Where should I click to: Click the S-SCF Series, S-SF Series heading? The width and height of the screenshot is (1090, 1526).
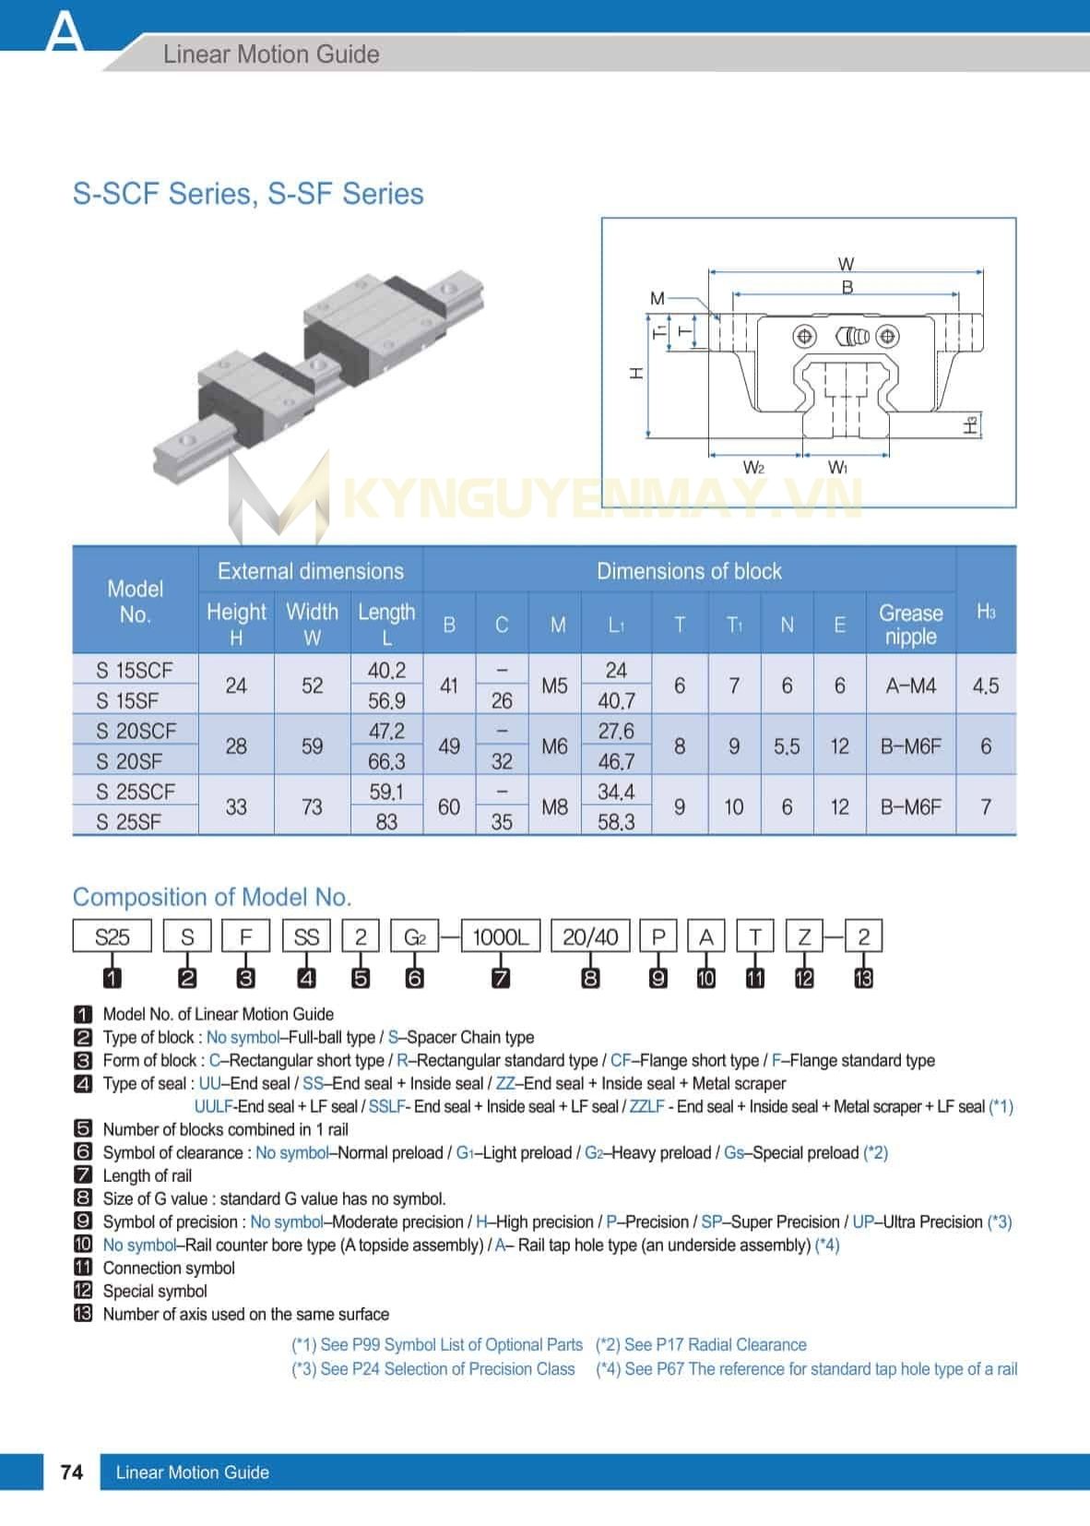tap(248, 194)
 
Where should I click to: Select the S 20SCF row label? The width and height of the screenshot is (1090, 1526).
tap(136, 731)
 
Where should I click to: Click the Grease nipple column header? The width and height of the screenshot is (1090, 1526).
tap(910, 625)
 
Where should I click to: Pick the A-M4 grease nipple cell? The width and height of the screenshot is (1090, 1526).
tap(910, 686)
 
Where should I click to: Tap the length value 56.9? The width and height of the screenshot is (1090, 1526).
tap(386, 701)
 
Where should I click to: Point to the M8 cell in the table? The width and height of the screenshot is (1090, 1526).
tap(554, 807)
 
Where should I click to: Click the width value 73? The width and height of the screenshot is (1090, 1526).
tap(312, 807)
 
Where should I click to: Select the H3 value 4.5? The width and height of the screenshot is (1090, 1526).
tap(985, 686)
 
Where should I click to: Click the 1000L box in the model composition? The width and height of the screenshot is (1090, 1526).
tap(500, 937)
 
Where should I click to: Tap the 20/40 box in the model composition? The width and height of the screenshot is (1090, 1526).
tap(590, 937)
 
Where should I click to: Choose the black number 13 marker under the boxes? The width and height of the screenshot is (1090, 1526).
tap(863, 978)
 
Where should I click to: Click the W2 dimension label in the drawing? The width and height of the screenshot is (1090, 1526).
tap(753, 468)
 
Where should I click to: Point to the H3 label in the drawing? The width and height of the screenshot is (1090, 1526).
tap(971, 425)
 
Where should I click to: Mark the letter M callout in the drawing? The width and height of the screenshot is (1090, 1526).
tap(657, 298)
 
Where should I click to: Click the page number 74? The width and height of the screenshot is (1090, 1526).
tap(71, 1472)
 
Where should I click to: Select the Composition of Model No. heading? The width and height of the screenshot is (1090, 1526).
tap(212, 897)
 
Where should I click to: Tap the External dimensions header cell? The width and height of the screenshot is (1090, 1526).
tap(311, 571)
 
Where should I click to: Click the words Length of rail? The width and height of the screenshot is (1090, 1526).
tap(148, 1175)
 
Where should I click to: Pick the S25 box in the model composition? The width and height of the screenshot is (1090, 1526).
tap(112, 937)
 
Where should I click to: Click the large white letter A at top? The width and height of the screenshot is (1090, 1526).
tap(65, 32)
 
